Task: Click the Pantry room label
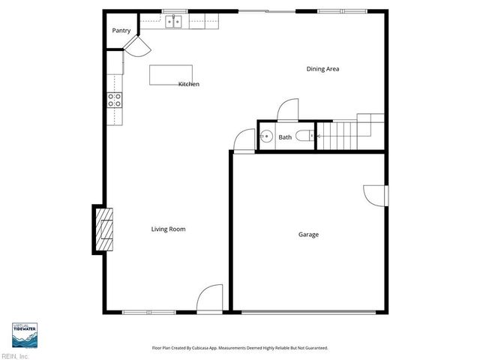pos(121,31)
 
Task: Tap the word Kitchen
pos(188,84)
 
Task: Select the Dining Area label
pos(322,69)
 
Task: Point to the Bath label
pos(285,137)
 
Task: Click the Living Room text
pos(168,229)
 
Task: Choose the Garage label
pos(308,234)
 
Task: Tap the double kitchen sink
pos(175,22)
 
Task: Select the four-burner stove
pos(114,100)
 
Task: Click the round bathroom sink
pos(266,136)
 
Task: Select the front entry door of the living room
pos(211,298)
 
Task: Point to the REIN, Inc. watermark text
pos(15,355)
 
